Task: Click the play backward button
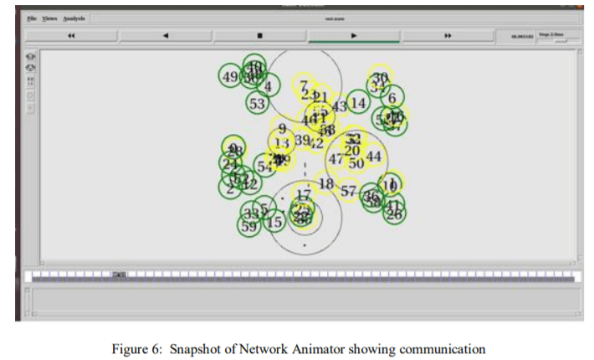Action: click(166, 36)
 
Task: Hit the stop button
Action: click(259, 36)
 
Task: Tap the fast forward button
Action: click(448, 36)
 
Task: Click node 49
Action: click(230, 77)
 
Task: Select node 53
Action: click(257, 104)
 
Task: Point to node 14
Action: click(358, 103)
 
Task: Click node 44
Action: click(374, 157)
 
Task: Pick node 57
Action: click(349, 191)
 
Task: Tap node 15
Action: click(274, 222)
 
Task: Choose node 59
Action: click(248, 226)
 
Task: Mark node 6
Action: click(392, 98)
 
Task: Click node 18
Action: click(326, 184)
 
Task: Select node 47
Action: click(335, 159)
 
